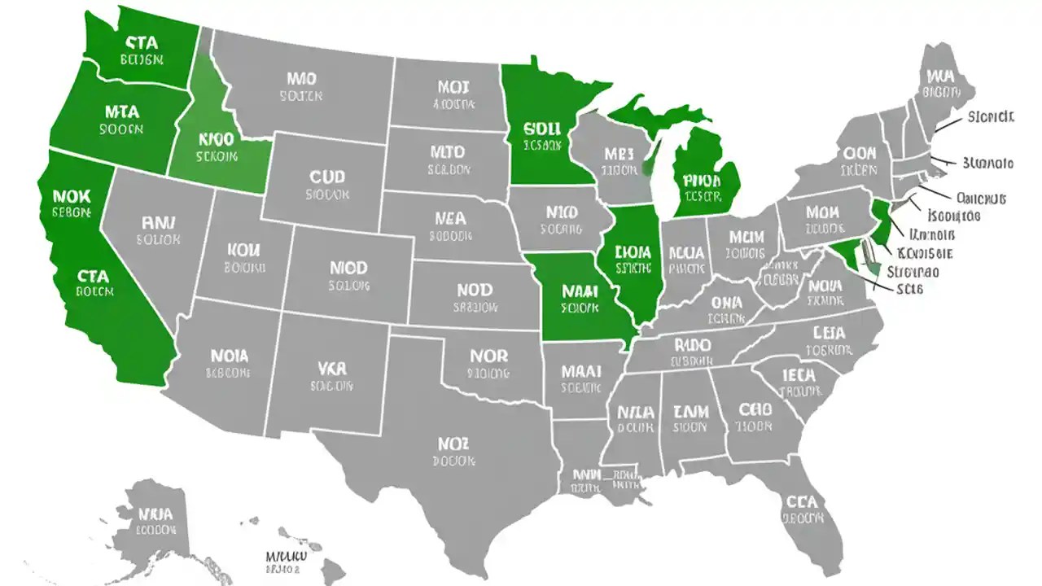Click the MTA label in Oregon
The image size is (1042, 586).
[122, 112]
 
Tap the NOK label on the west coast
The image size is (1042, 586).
[71, 196]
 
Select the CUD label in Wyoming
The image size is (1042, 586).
[327, 177]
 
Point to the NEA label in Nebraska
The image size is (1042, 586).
[450, 218]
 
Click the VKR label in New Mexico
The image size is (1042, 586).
[331, 368]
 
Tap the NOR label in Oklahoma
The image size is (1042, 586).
[489, 356]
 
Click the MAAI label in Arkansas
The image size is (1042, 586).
[581, 371]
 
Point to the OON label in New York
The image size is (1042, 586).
[860, 153]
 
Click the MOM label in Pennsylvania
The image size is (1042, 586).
[822, 212]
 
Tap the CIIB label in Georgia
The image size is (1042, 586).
[755, 409]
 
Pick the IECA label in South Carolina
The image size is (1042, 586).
[800, 375]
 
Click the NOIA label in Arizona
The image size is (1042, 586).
[229, 356]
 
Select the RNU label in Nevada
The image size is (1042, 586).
[158, 221]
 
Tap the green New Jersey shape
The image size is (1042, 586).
[881, 221]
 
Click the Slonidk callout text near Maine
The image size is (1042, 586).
[991, 117]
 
